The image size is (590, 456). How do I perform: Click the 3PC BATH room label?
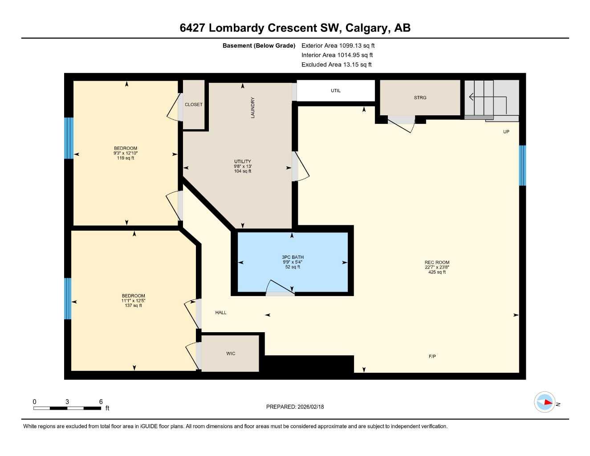[x=293, y=257]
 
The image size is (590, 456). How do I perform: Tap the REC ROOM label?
[x=437, y=263]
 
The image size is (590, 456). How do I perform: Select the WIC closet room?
[x=230, y=354]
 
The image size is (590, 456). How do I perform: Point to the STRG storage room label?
[x=420, y=98]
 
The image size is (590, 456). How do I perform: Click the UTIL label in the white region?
[x=335, y=91]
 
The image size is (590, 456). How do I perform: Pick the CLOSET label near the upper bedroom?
[x=194, y=105]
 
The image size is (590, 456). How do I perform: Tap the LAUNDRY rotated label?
[x=253, y=108]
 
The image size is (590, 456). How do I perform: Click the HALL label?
[x=221, y=313]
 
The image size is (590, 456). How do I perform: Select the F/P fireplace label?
[x=432, y=357]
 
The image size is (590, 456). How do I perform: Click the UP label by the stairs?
[x=506, y=132]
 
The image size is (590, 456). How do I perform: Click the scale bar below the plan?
[x=67, y=408]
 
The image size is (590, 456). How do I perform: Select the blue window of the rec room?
[x=522, y=165]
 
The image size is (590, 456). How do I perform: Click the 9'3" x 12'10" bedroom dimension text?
[x=126, y=153]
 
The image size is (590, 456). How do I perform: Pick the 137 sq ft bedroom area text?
[x=133, y=305]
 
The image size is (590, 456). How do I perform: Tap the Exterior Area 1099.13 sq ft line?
[x=338, y=45]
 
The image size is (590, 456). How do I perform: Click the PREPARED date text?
[x=295, y=407]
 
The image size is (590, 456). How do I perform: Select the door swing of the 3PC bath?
[x=279, y=288]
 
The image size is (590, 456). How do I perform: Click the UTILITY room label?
[x=243, y=162]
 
